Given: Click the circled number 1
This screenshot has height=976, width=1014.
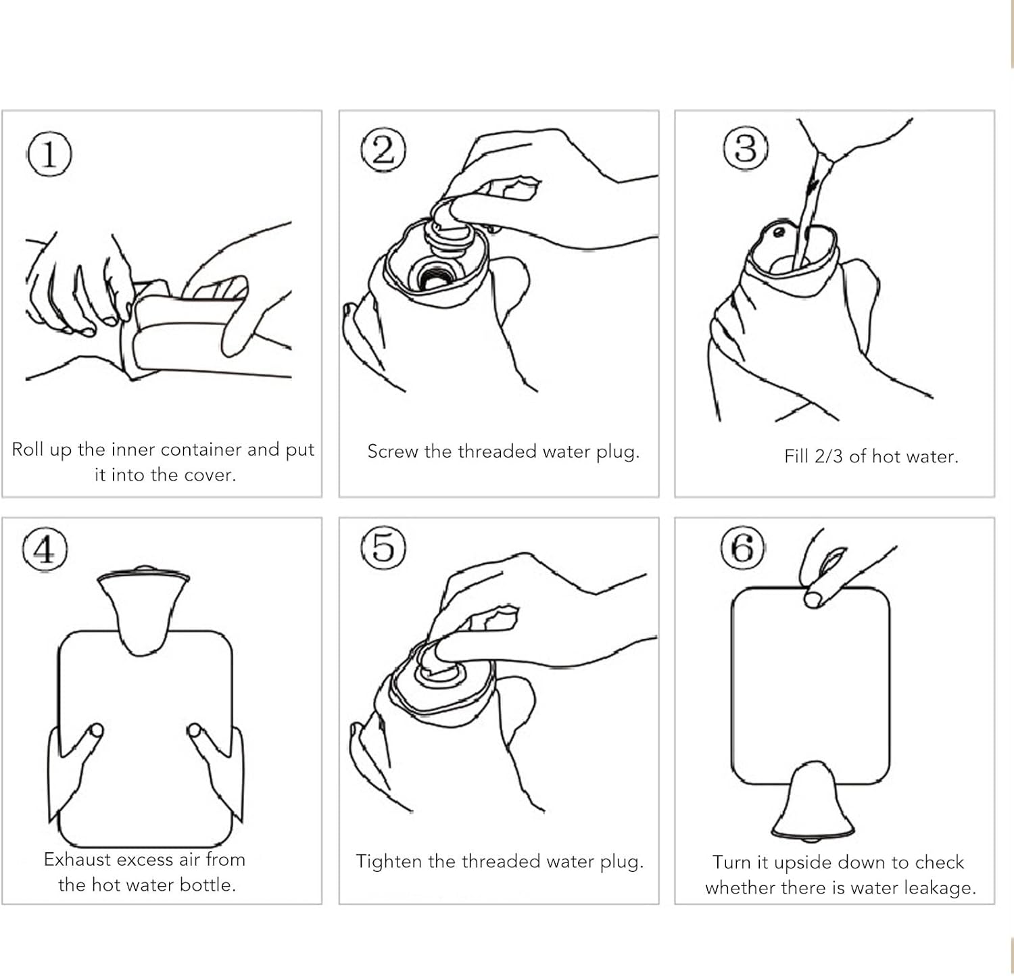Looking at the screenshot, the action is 49,154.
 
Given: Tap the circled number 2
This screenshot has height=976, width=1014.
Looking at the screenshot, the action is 383,150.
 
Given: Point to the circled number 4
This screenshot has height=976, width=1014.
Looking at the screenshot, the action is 45,550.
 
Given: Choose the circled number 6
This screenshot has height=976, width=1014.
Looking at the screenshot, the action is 742,547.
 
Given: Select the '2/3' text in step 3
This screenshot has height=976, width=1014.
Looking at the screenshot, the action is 829,457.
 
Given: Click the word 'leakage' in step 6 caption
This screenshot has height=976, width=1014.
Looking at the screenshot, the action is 944,888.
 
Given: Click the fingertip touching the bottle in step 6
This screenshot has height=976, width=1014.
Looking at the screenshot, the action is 813,597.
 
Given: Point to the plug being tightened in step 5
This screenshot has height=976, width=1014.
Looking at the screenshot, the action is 439,669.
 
